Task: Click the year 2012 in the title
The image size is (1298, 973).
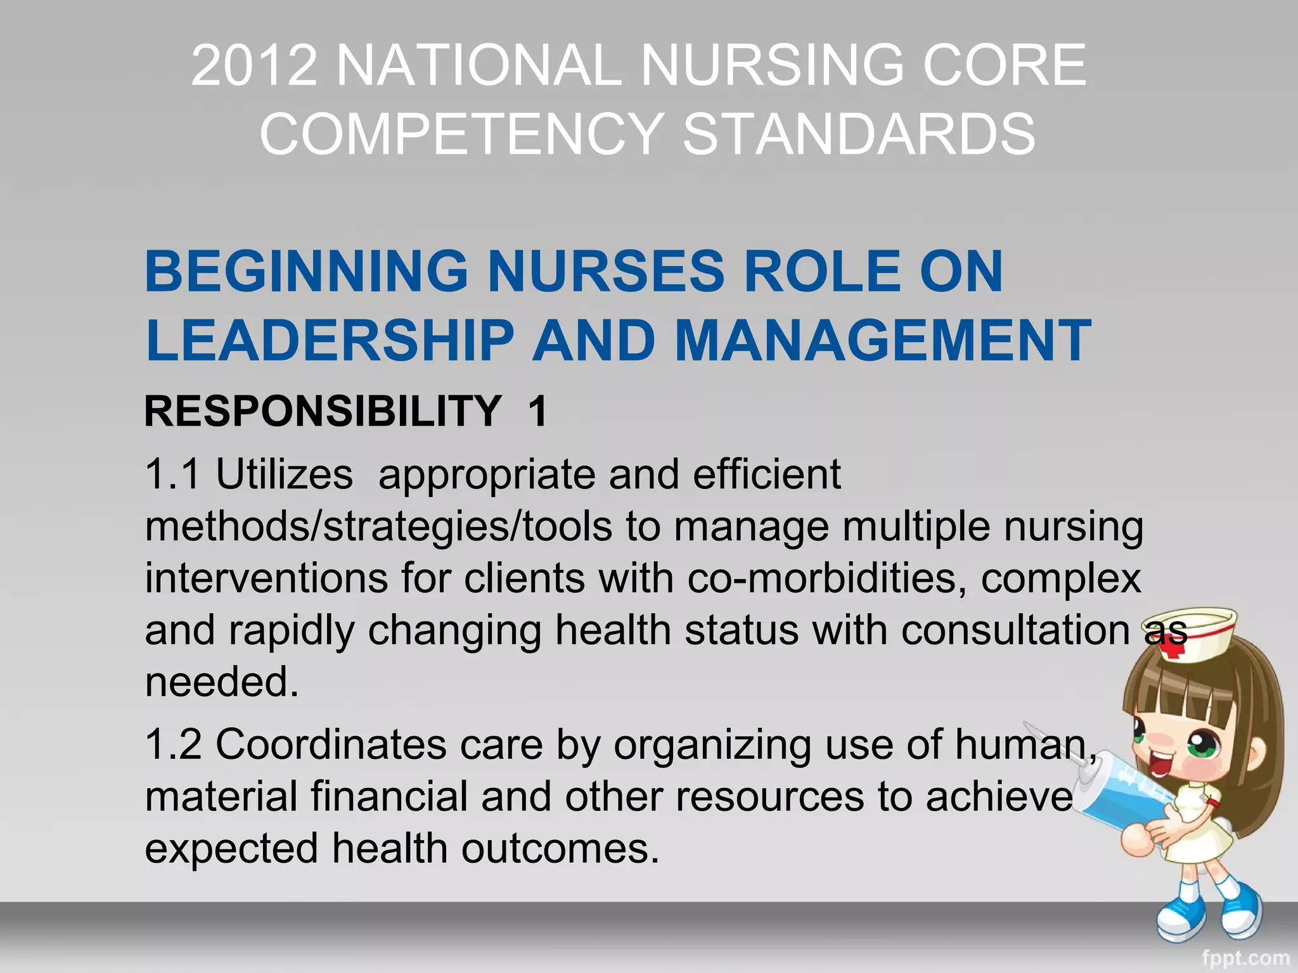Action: [254, 65]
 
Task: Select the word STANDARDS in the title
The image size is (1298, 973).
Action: [859, 134]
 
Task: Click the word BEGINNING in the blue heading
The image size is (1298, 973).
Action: [307, 272]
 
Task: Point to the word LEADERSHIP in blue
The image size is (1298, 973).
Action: [330, 341]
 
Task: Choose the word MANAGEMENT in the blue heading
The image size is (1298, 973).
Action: [883, 341]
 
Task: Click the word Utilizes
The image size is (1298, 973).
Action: [284, 474]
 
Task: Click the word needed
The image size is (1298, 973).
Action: [221, 683]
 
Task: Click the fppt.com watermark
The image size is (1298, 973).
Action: [1245, 958]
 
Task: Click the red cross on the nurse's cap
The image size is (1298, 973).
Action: [1174, 647]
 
